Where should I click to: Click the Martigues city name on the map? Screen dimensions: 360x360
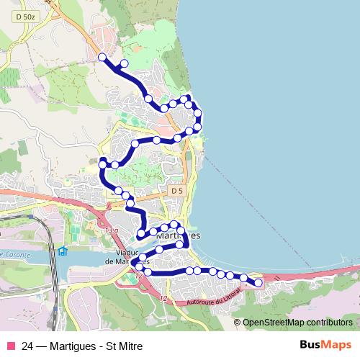(x=179, y=236)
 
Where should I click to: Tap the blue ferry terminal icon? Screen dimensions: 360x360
(x=63, y=251)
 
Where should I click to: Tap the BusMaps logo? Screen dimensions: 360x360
(x=325, y=345)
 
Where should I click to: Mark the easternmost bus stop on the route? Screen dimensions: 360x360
(x=258, y=283)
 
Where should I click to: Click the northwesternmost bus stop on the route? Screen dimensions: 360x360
(x=102, y=57)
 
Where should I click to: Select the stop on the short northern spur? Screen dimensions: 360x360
(x=124, y=63)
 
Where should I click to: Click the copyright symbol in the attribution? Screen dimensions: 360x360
(x=236, y=323)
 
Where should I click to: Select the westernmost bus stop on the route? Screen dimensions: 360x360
(x=102, y=166)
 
